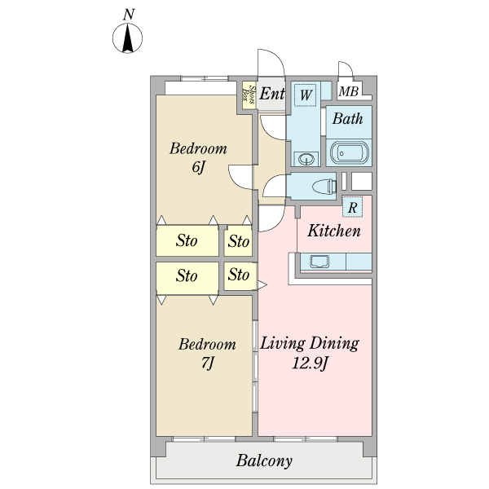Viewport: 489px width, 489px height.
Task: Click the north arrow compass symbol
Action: [x=127, y=38]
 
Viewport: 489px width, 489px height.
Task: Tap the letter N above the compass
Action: [x=129, y=15]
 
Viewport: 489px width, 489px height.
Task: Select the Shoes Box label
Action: [x=249, y=95]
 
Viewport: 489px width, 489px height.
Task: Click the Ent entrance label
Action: [x=272, y=93]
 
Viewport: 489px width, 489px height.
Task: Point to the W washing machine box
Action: [x=306, y=95]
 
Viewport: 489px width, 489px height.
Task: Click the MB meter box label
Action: [x=348, y=91]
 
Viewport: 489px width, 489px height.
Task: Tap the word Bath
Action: [x=347, y=118]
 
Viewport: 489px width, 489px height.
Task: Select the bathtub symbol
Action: [x=349, y=153]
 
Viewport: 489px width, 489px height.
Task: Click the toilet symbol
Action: [x=324, y=187]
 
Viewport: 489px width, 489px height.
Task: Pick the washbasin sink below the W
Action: [x=306, y=159]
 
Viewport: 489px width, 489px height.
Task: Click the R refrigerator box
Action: [x=352, y=207]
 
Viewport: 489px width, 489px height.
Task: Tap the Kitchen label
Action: [x=333, y=231]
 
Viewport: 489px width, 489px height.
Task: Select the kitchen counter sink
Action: [x=319, y=262]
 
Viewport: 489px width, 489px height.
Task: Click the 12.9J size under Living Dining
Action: [x=310, y=363]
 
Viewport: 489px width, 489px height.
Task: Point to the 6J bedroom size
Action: [x=198, y=168]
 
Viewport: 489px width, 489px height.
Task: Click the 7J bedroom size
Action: [x=208, y=363]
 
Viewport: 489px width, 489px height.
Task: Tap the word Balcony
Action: [x=264, y=461]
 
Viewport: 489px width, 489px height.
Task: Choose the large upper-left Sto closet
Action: [x=187, y=240]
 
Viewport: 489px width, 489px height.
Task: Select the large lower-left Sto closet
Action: [x=187, y=278]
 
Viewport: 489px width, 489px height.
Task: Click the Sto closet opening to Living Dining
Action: [x=240, y=276]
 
